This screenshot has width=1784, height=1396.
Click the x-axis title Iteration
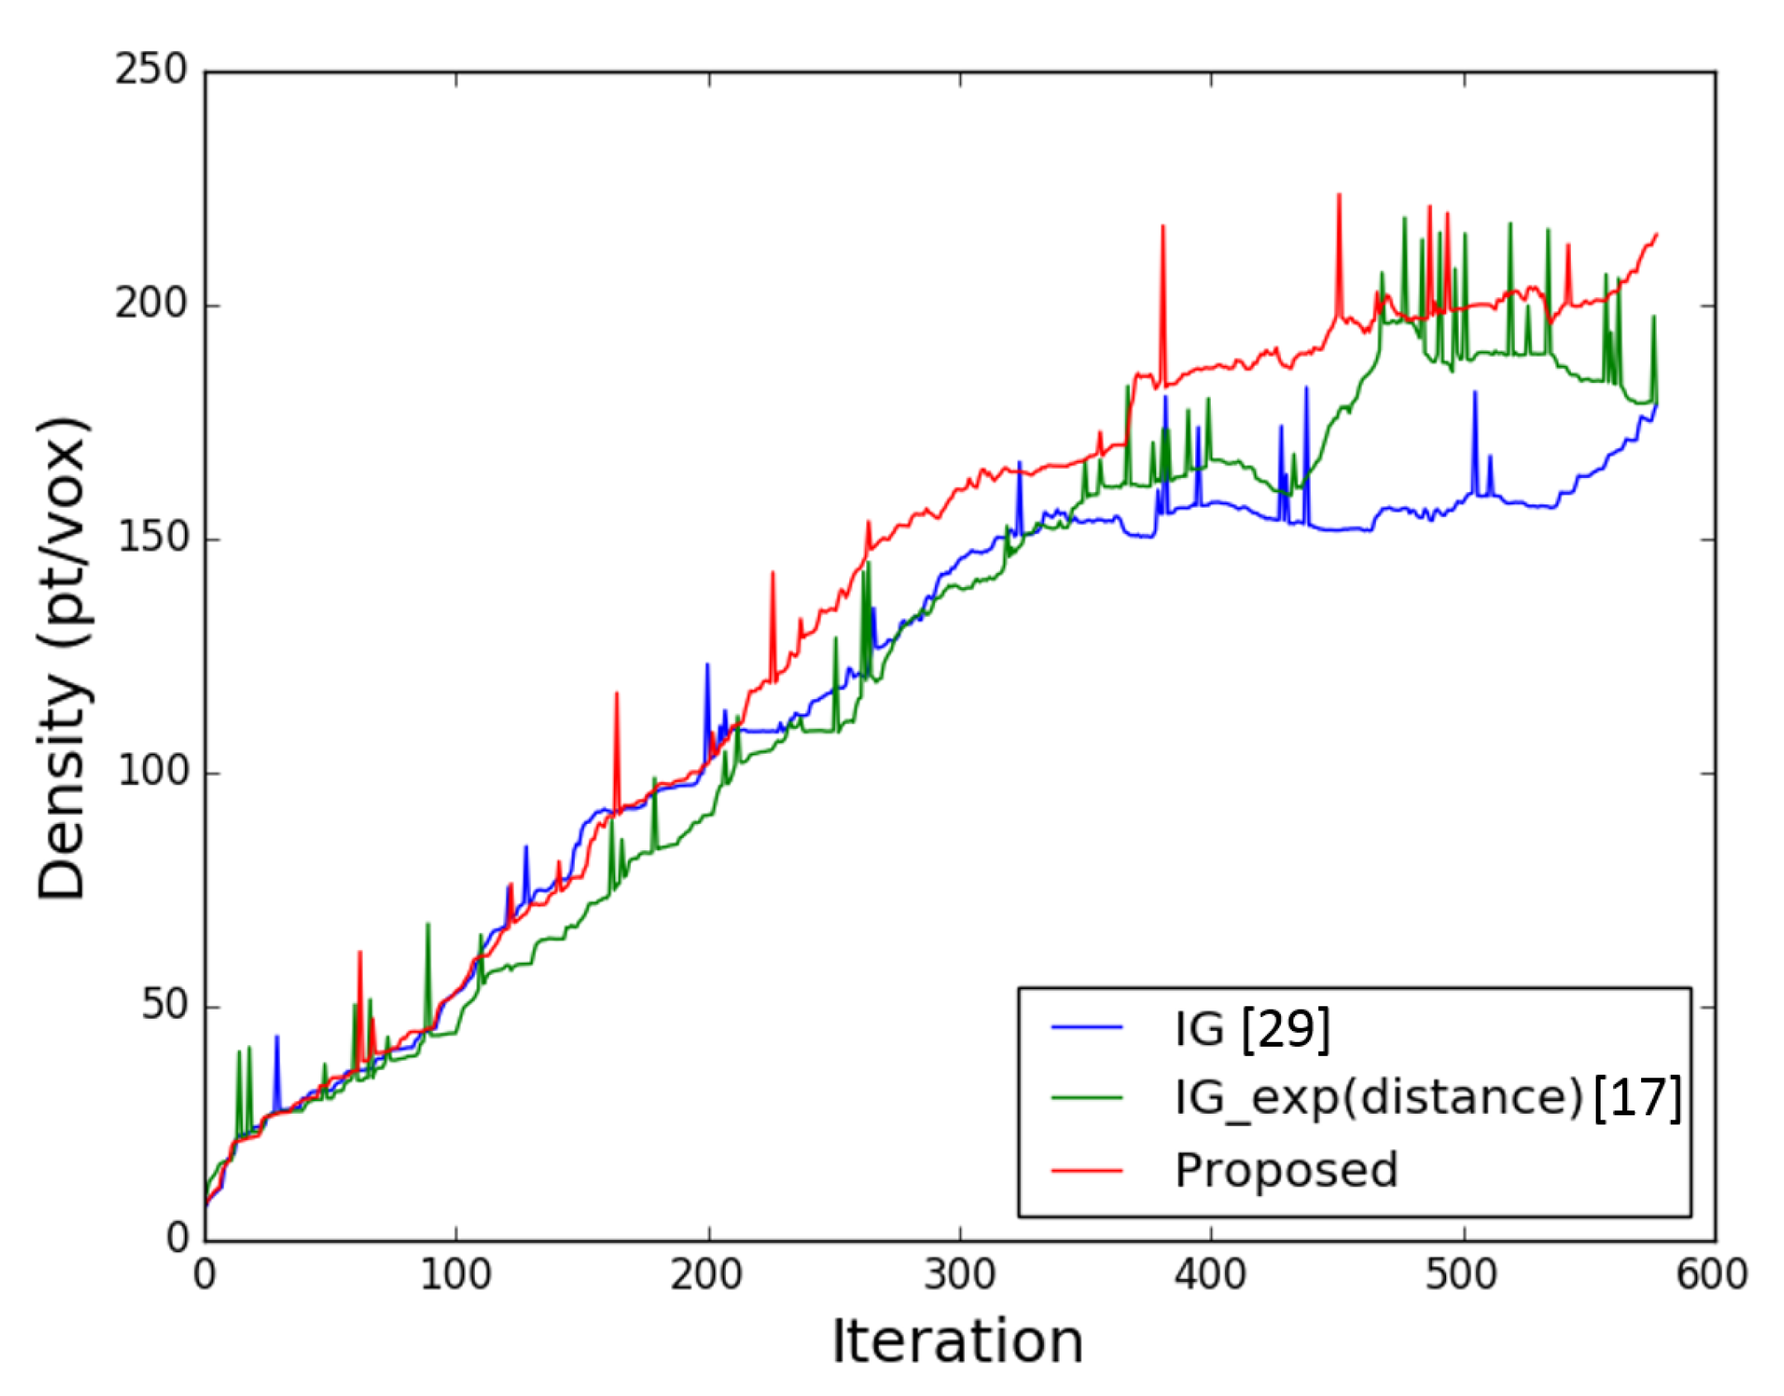point(956,1342)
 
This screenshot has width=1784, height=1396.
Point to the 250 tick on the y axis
point(151,71)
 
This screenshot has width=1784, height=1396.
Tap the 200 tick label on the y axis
point(151,305)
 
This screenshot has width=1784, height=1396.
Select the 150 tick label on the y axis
point(151,538)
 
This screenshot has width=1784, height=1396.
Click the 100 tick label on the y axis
point(151,772)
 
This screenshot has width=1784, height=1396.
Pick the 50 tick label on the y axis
point(165,1006)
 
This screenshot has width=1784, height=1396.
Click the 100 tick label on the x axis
point(456,1275)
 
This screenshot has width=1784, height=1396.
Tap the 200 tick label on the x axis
point(707,1275)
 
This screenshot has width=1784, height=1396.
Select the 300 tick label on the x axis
point(960,1275)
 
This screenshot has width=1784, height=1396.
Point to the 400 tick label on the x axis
point(1211,1275)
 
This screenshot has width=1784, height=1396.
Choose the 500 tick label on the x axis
point(1463,1275)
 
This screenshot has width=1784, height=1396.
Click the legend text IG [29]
point(1252,1029)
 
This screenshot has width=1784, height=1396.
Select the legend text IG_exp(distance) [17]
point(1428,1099)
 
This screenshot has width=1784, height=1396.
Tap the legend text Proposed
point(1286,1170)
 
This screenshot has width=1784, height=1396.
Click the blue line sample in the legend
point(1087,1028)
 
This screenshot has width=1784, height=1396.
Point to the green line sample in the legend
point(1087,1099)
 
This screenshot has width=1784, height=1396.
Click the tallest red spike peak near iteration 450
point(1339,195)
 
